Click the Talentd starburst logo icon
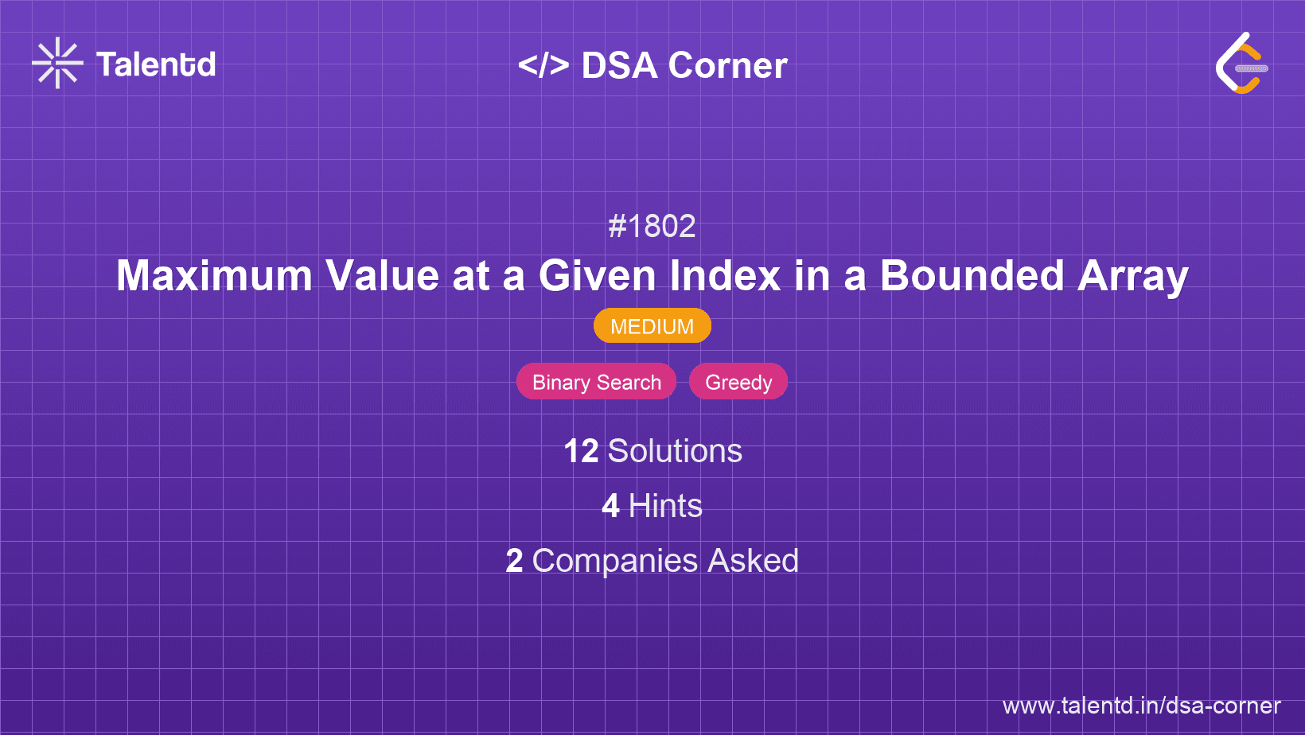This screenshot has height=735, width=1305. [57, 63]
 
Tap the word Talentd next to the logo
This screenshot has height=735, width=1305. [156, 64]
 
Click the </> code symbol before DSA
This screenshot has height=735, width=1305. [543, 65]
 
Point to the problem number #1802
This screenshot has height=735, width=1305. [652, 227]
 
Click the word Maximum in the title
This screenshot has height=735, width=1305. [214, 276]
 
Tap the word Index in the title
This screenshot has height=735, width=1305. [725, 276]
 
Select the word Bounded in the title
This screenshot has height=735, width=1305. [972, 276]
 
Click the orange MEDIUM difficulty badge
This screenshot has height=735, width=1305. [652, 326]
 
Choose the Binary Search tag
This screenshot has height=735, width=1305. [596, 382]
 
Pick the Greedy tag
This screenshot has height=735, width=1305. [738, 382]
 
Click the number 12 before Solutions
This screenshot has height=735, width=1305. [581, 451]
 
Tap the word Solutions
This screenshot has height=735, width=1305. [675, 451]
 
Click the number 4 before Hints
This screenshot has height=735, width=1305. [610, 506]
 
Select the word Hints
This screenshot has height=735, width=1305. [665, 506]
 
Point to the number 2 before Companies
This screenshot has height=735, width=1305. [514, 561]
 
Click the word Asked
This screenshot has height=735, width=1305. [753, 561]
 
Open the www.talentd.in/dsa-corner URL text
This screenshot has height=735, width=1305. [1141, 706]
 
